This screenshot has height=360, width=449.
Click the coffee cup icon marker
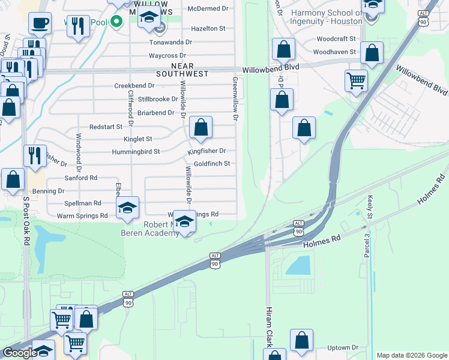[40, 23]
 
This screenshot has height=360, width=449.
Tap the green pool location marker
[118, 23]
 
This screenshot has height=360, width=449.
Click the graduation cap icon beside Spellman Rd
[127, 208]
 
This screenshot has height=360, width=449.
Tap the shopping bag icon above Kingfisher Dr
[201, 127]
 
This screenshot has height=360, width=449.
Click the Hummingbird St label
[136, 152]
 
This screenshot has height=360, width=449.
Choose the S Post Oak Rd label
[26, 220]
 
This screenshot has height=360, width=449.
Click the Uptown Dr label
[343, 348]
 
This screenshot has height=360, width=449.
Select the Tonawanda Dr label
[170, 42]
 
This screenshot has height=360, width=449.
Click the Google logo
[20, 353]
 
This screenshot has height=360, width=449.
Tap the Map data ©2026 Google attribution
[411, 355]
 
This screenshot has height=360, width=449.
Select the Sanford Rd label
[80, 178]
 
